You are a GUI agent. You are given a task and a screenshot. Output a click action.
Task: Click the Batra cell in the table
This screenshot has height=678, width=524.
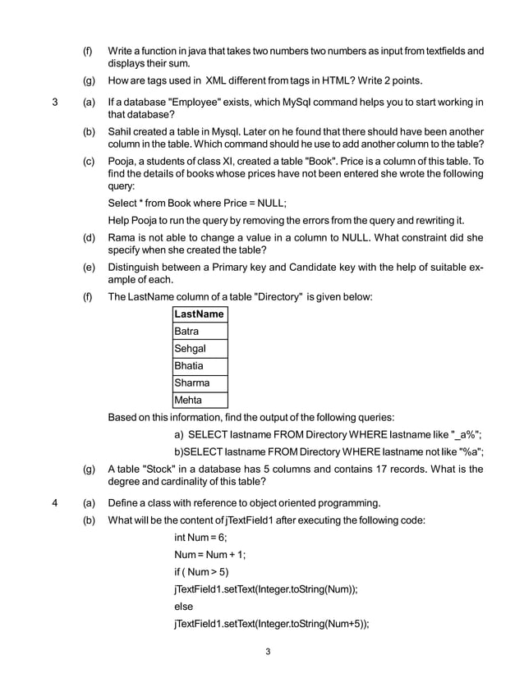pos(200,332)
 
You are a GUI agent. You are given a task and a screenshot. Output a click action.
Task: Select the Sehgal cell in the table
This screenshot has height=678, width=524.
pos(200,349)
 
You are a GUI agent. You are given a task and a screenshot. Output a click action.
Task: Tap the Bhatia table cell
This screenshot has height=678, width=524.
pos(200,366)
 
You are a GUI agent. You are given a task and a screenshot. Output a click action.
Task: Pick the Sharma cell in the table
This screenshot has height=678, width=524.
pos(200,383)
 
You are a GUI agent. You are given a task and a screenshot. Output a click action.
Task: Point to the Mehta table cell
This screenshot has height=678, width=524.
pos(200,401)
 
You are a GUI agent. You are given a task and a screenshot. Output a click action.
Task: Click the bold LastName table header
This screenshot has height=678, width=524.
pos(200,314)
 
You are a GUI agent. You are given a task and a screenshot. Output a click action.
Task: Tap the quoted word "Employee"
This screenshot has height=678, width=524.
pos(193,103)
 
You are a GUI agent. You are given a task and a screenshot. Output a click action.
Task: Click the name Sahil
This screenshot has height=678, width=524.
pos(122,132)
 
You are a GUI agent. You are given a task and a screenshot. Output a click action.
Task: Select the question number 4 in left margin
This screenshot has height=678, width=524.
pos(55,502)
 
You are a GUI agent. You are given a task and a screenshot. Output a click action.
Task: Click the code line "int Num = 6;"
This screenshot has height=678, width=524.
pos(200,537)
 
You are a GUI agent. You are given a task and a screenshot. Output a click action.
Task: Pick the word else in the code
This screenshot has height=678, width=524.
pos(184,606)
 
